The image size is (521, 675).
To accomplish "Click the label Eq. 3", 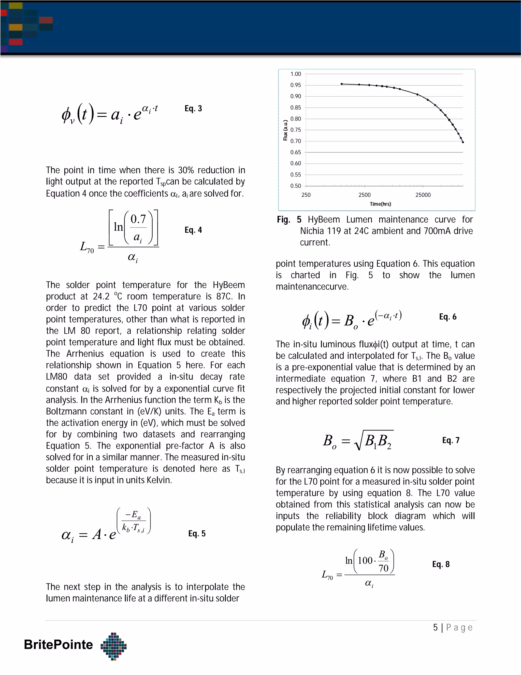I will (x=193, y=109).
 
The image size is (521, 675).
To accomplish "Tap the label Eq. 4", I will (x=193, y=230).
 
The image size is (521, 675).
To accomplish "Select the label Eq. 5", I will (x=197, y=533).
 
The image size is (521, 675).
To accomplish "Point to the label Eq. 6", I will (x=447, y=317).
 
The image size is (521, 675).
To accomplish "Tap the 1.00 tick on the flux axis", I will (x=295, y=74).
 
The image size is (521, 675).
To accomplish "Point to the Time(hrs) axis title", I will (x=380, y=204).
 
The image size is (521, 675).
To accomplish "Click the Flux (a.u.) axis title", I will (x=285, y=130).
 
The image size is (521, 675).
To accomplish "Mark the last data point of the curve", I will (x=463, y=142).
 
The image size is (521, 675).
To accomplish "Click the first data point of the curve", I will (x=341, y=84).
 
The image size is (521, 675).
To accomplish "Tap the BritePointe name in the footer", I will (x=58, y=644).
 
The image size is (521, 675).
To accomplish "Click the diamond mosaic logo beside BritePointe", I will (x=113, y=646).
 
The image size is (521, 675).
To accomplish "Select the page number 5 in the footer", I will (x=435, y=627).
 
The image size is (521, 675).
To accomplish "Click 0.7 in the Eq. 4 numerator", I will (x=138, y=219).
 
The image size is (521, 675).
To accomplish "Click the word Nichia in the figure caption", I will (x=313, y=231).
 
